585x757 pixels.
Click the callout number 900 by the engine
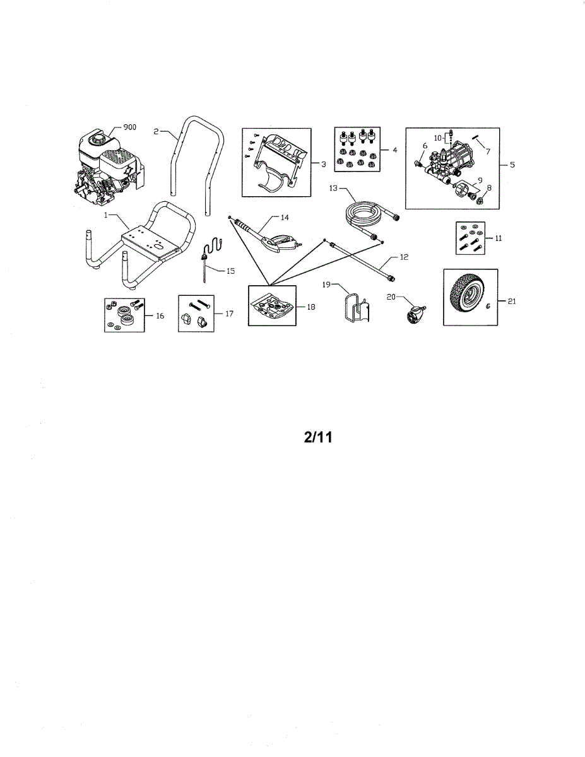[129, 127]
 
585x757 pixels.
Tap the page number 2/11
[318, 438]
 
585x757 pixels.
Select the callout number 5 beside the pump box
[512, 165]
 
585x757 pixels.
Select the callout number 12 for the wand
[405, 258]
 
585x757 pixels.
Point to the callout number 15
[230, 271]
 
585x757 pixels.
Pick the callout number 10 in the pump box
[437, 137]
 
